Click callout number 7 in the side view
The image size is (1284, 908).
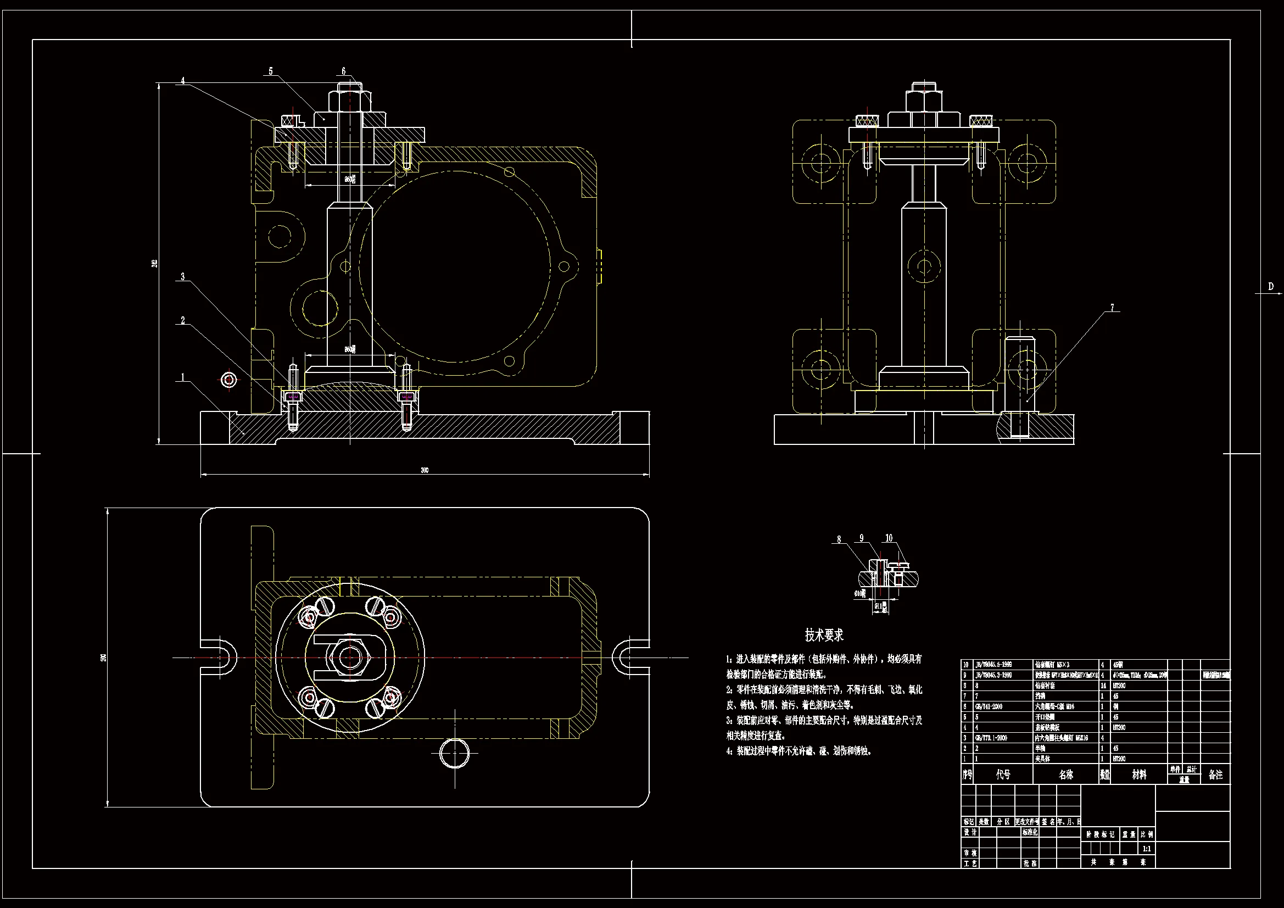tap(1112, 307)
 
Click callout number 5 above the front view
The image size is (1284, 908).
tap(271, 71)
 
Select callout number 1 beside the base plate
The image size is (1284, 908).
tap(182, 377)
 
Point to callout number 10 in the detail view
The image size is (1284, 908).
tap(889, 538)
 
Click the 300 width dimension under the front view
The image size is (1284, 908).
tap(425, 470)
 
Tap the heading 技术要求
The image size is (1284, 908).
tap(824, 635)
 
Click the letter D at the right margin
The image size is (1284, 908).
tap(1271, 286)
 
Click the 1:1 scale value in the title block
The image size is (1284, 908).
tap(1147, 849)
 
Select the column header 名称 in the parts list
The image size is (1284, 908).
tap(1066, 775)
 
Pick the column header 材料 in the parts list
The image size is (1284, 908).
tap(1139, 775)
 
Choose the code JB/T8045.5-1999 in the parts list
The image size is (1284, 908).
tap(996, 665)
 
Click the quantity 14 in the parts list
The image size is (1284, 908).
tap(1103, 686)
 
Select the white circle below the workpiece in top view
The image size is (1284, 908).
tap(455, 753)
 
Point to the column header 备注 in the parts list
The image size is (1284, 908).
tap(1215, 775)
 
